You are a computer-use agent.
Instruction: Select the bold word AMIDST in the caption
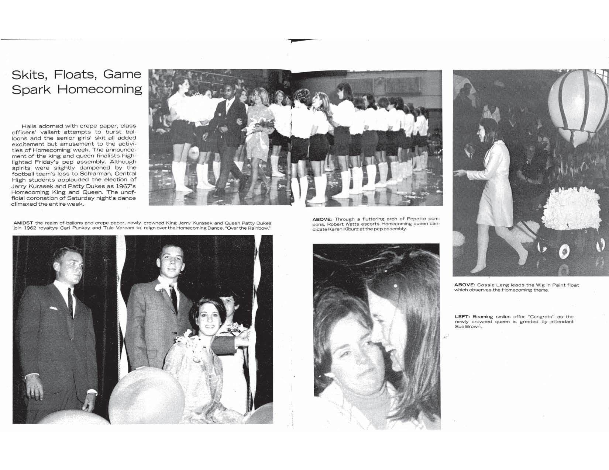23,223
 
